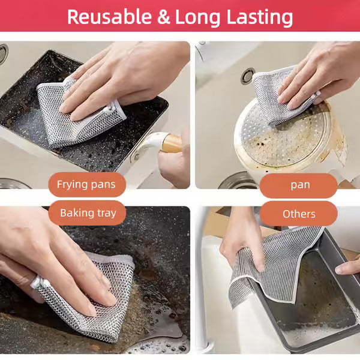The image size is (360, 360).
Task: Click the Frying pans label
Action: [86, 184]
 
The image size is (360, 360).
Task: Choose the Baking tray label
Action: [88, 212]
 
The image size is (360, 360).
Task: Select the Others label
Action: [298, 214]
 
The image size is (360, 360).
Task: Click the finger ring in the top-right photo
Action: [317, 95]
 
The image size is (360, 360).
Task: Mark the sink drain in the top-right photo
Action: [247, 75]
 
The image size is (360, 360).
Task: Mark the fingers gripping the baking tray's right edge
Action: [348, 267]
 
